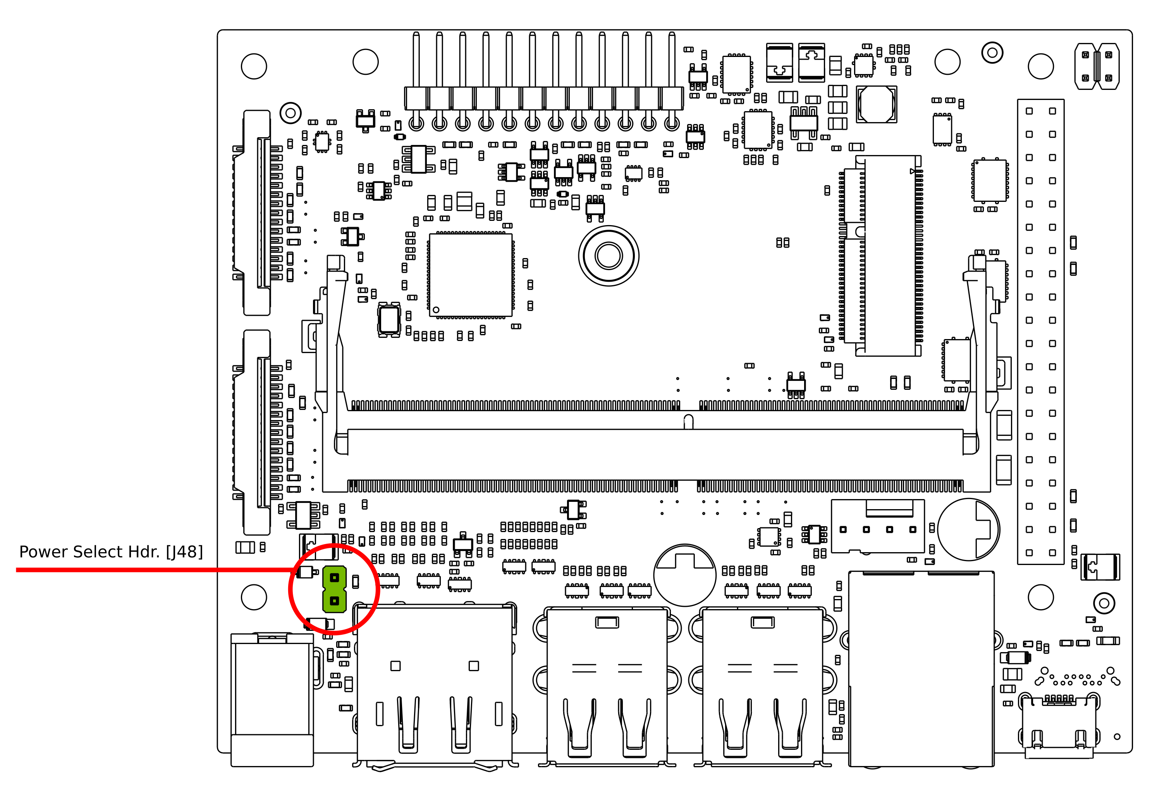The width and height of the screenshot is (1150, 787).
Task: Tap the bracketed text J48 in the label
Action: click(x=184, y=552)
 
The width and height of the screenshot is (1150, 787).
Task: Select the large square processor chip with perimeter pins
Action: click(x=471, y=275)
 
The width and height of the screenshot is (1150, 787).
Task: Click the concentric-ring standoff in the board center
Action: click(x=608, y=256)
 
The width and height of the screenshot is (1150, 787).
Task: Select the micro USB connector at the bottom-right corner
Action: click(x=1059, y=728)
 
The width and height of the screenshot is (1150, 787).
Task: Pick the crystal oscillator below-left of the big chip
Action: click(x=389, y=320)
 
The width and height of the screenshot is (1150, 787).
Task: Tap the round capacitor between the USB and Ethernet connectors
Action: click(x=684, y=575)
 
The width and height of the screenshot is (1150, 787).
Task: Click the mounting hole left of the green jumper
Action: click(x=254, y=597)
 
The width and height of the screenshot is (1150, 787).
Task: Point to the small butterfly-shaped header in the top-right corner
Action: click(x=1097, y=66)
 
